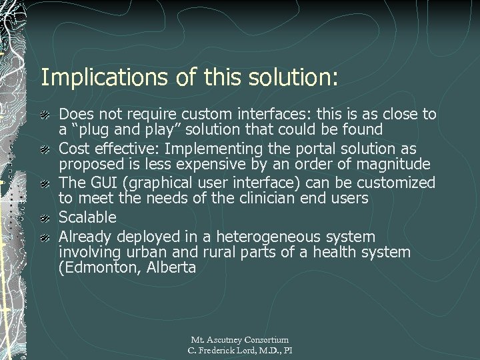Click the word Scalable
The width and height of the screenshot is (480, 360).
click(87, 217)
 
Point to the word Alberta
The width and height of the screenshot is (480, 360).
click(173, 268)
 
